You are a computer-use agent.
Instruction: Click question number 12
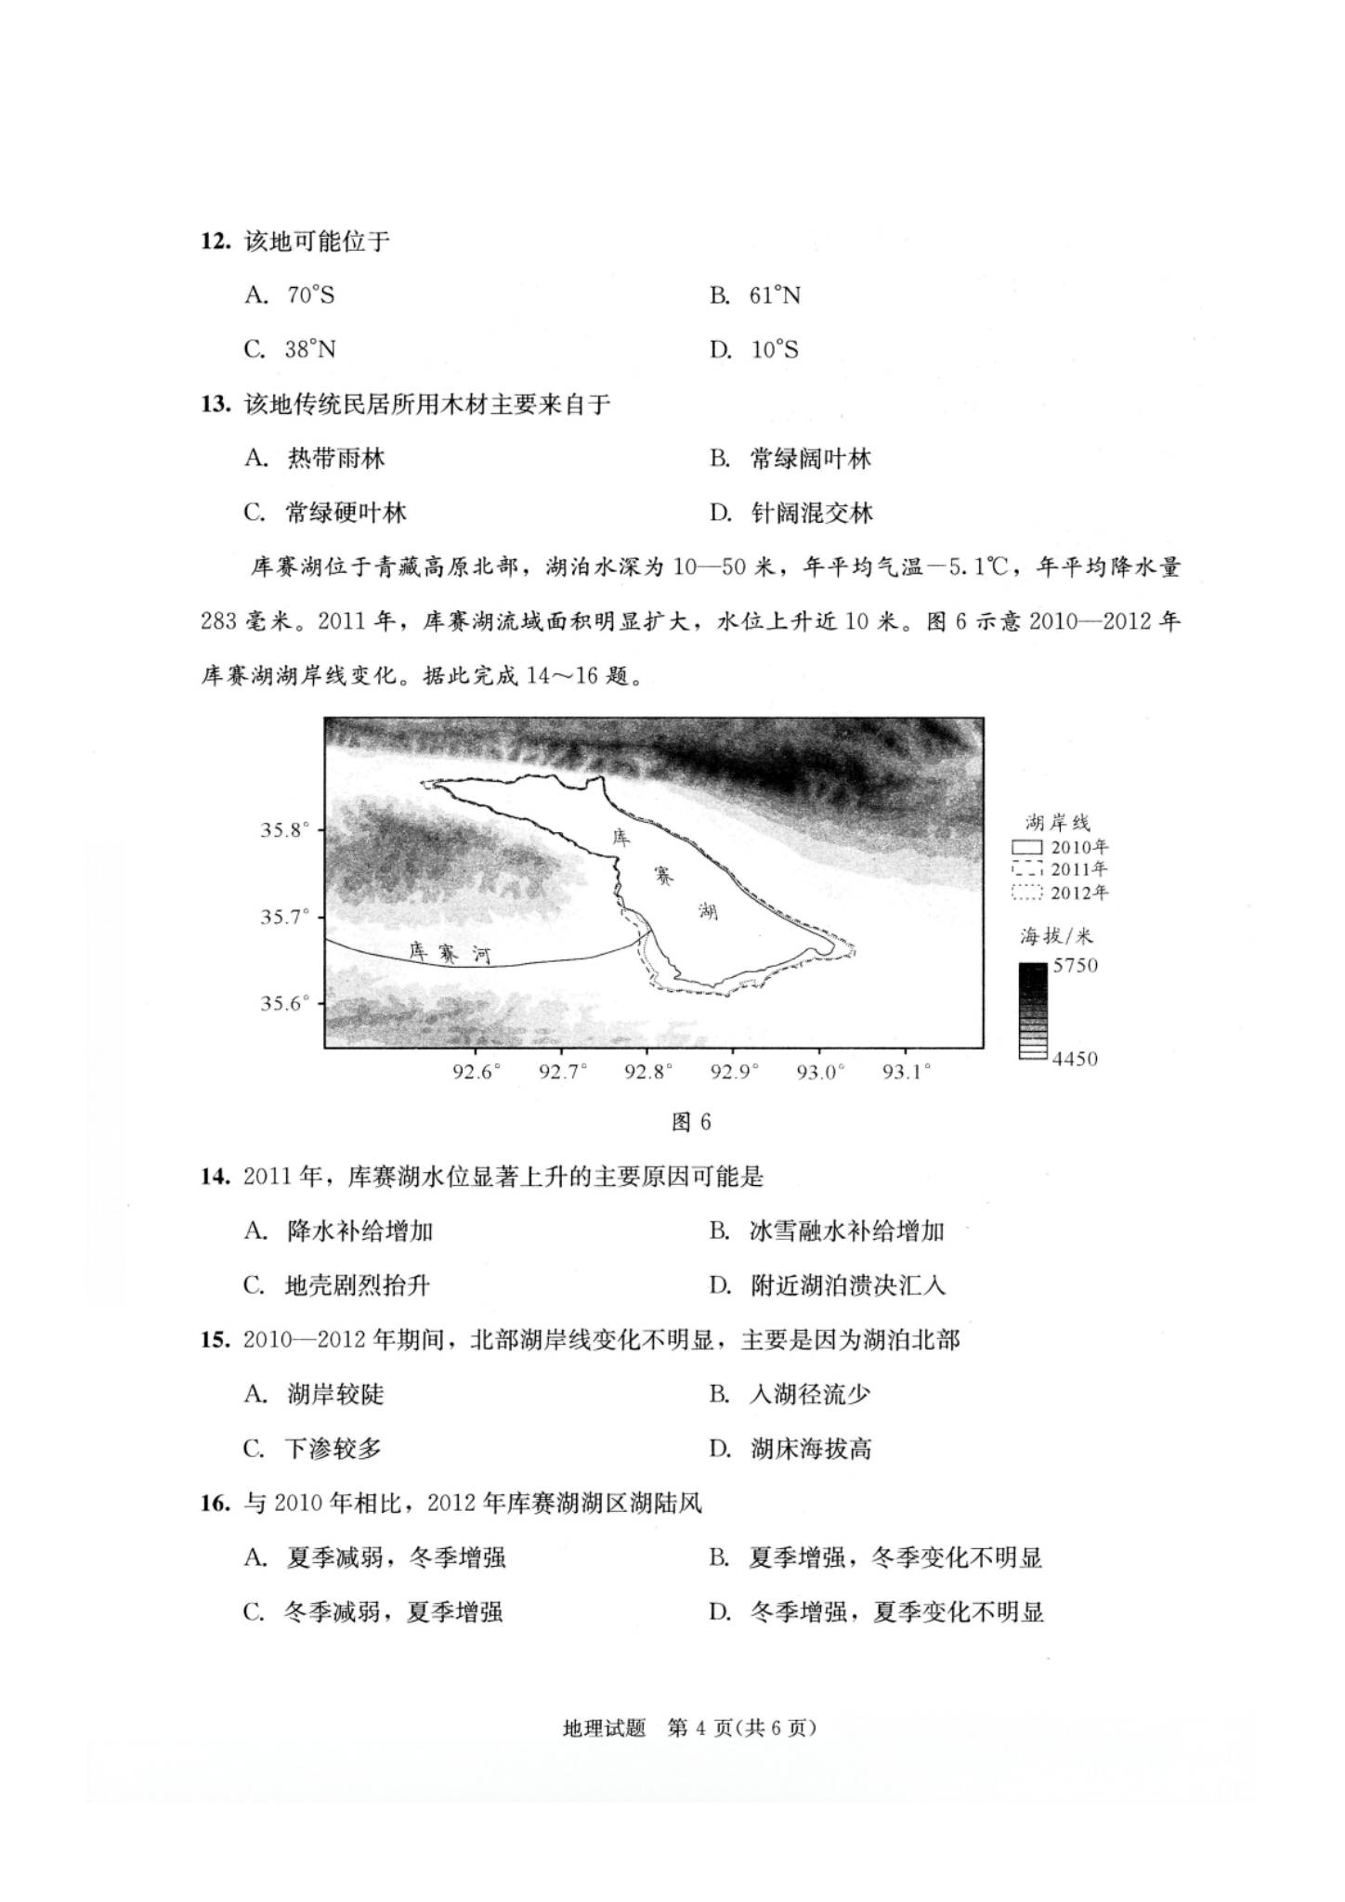pyautogui.click(x=215, y=241)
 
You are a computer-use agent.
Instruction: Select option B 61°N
pyautogui.click(x=754, y=295)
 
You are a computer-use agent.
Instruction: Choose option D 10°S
pyautogui.click(x=754, y=350)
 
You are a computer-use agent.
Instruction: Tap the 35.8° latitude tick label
pyautogui.click(x=284, y=830)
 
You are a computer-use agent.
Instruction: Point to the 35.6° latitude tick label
pyautogui.click(x=284, y=1004)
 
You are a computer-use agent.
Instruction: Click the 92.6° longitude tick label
pyautogui.click(x=477, y=1073)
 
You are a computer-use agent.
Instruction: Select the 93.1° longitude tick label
pyautogui.click(x=907, y=1073)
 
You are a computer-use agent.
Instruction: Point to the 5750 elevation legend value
pyautogui.click(x=1075, y=966)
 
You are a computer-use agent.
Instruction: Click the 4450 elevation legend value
pyautogui.click(x=1075, y=1059)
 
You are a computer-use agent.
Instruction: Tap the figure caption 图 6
pyautogui.click(x=691, y=1123)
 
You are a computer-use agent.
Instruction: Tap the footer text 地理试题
pyautogui.click(x=604, y=1728)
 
